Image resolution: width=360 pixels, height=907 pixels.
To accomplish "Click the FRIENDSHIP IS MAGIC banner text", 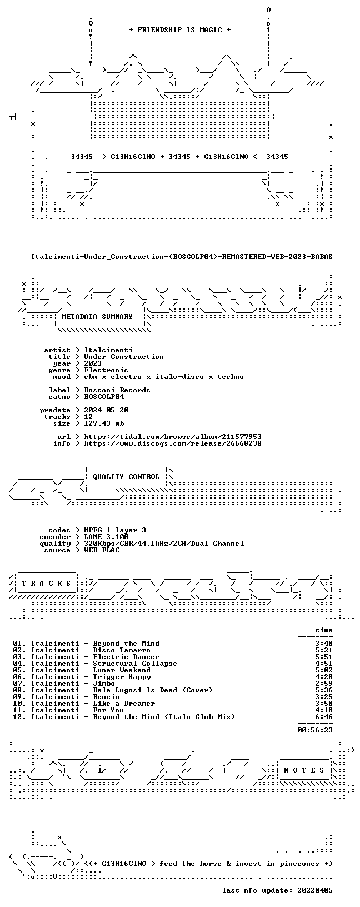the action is (x=180, y=30).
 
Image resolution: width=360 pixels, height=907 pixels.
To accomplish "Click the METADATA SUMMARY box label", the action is (x=97, y=317).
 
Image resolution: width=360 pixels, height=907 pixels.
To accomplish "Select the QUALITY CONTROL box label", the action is (x=126, y=477).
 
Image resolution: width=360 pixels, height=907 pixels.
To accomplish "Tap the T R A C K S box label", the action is (x=47, y=584).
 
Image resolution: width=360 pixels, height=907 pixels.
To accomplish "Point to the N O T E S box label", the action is (x=304, y=770).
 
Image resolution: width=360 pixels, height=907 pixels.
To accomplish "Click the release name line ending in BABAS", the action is (x=182, y=257).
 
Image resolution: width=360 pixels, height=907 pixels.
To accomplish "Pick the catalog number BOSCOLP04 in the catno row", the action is (x=104, y=397).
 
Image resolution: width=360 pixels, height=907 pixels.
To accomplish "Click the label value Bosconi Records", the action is (x=117, y=390).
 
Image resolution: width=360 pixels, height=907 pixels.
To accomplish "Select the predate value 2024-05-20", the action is (x=107, y=410).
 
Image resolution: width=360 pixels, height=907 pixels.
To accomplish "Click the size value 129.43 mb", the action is (x=104, y=423).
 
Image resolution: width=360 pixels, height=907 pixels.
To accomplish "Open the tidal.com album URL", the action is (x=173, y=437).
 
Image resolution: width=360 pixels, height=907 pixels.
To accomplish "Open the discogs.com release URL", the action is (x=173, y=443).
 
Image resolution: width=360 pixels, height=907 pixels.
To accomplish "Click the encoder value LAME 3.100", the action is (x=107, y=537).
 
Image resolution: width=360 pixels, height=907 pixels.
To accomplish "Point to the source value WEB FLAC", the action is (x=102, y=550).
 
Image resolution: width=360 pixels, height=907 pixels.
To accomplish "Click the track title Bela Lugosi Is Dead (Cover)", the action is (x=153, y=690).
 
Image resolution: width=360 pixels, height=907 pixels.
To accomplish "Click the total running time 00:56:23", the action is (x=314, y=730).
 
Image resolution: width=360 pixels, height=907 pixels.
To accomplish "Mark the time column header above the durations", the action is (x=323, y=630).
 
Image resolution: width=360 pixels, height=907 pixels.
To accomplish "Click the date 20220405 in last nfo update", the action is (x=314, y=890).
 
